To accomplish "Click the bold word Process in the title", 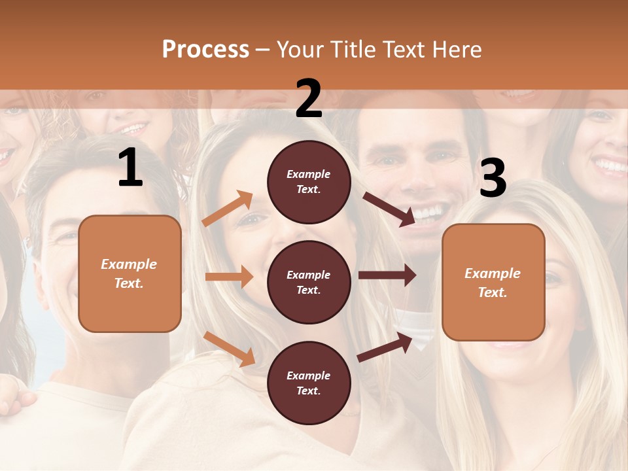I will (x=205, y=50).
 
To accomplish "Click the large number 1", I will (x=130, y=168).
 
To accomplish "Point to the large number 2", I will (x=309, y=99).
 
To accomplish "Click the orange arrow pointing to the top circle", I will (x=228, y=209).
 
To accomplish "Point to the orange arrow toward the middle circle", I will (x=229, y=277).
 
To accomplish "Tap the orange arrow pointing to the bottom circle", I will (x=230, y=349).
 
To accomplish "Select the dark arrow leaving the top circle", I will (x=389, y=209).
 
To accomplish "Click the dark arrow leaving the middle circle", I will (x=387, y=275).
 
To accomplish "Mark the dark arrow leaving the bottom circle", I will (x=385, y=347).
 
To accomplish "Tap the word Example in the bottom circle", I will (x=309, y=375).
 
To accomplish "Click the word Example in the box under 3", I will (x=493, y=273).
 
